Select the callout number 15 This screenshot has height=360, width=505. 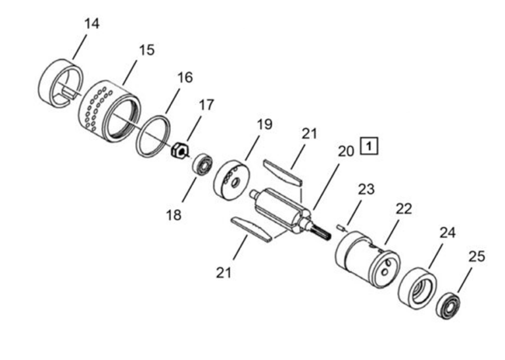147,50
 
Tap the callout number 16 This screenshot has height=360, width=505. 185,78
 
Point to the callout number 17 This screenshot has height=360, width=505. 206,104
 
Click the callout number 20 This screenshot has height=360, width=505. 346,151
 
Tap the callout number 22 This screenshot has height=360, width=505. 403,208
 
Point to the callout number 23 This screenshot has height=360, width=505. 366,190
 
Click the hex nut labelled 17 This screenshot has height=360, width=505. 178,151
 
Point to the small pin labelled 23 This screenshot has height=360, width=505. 340,228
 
